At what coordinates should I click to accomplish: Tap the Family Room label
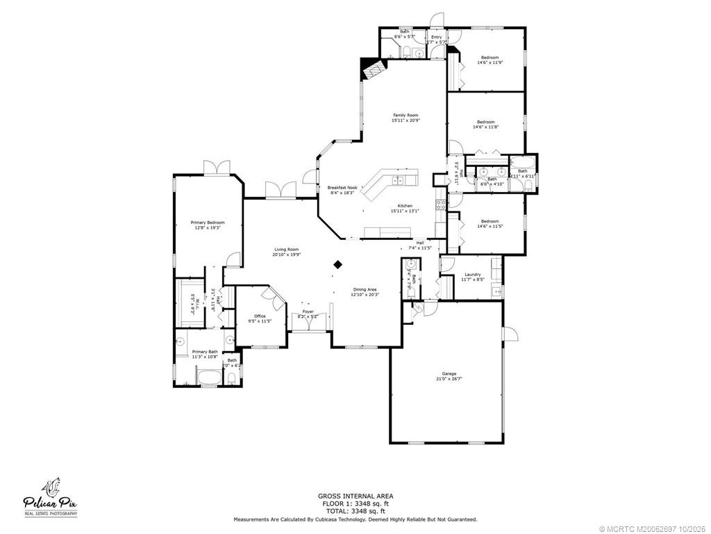(405, 115)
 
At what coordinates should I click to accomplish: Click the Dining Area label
(364, 289)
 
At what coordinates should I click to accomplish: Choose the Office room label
(260, 316)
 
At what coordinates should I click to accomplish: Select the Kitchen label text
(405, 206)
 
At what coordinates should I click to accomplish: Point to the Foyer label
(308, 311)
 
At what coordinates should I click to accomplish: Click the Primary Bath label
(205, 352)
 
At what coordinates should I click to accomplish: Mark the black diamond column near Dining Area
(338, 264)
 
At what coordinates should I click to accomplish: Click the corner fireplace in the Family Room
(371, 68)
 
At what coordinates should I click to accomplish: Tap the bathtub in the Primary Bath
(208, 379)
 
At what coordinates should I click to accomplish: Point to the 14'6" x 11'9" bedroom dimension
(490, 63)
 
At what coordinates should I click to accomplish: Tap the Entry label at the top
(436, 37)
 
